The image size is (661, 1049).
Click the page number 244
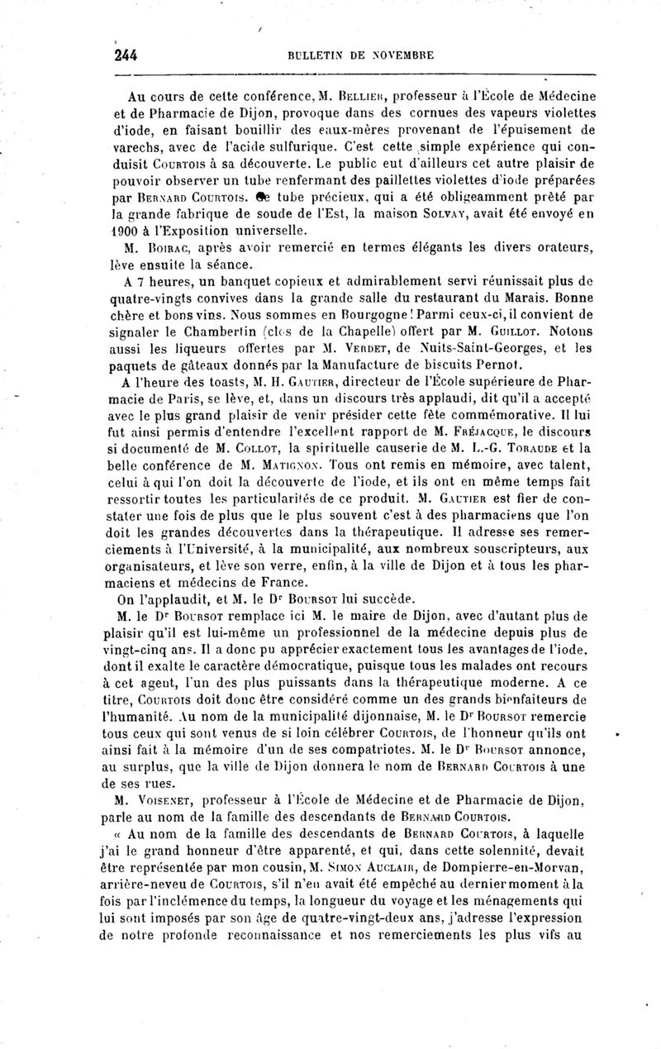coord(125,55)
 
